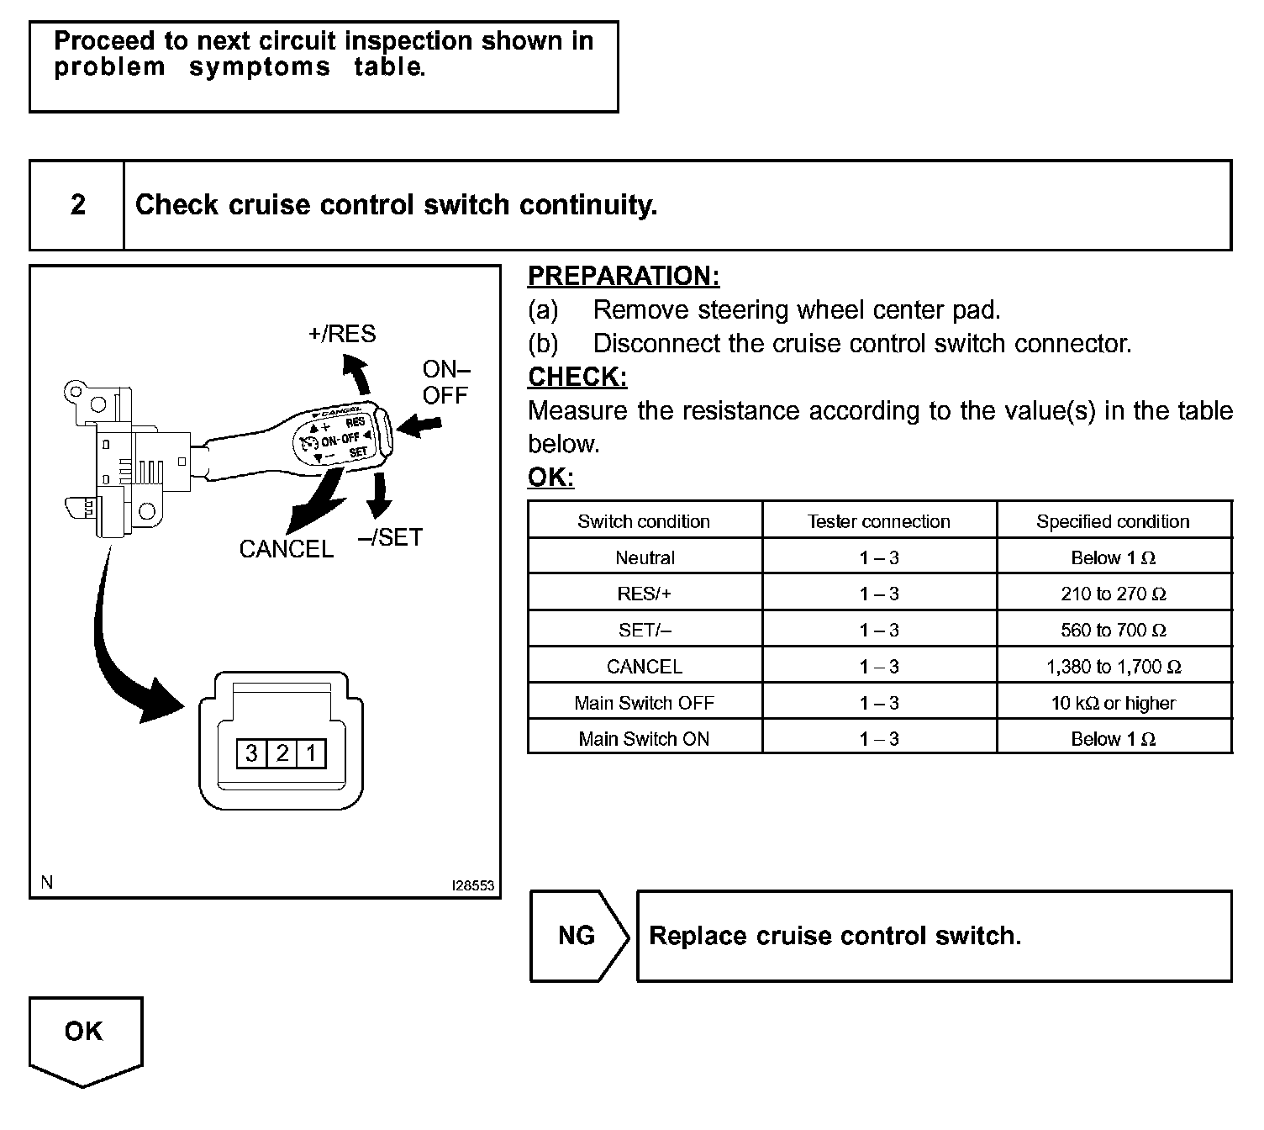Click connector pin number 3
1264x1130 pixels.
click(251, 752)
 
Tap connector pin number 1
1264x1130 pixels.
click(311, 752)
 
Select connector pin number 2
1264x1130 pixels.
click(282, 752)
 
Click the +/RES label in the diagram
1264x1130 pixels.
click(342, 334)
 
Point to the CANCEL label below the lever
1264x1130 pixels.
click(287, 549)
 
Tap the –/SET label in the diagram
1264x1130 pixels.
click(390, 537)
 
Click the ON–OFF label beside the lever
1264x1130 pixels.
click(445, 382)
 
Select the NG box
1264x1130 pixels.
click(577, 936)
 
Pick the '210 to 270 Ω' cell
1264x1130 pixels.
click(1114, 594)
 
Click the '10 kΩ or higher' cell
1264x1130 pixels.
click(1114, 703)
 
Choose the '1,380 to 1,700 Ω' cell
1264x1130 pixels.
click(1114, 667)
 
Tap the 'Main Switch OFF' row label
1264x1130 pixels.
click(645, 703)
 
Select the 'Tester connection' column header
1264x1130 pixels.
click(879, 521)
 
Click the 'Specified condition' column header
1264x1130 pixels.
click(1114, 521)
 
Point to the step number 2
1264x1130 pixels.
click(77, 205)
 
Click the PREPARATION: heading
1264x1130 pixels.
click(624, 276)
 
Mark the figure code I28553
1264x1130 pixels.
click(472, 886)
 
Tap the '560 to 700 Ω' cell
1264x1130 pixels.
click(1114, 631)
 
